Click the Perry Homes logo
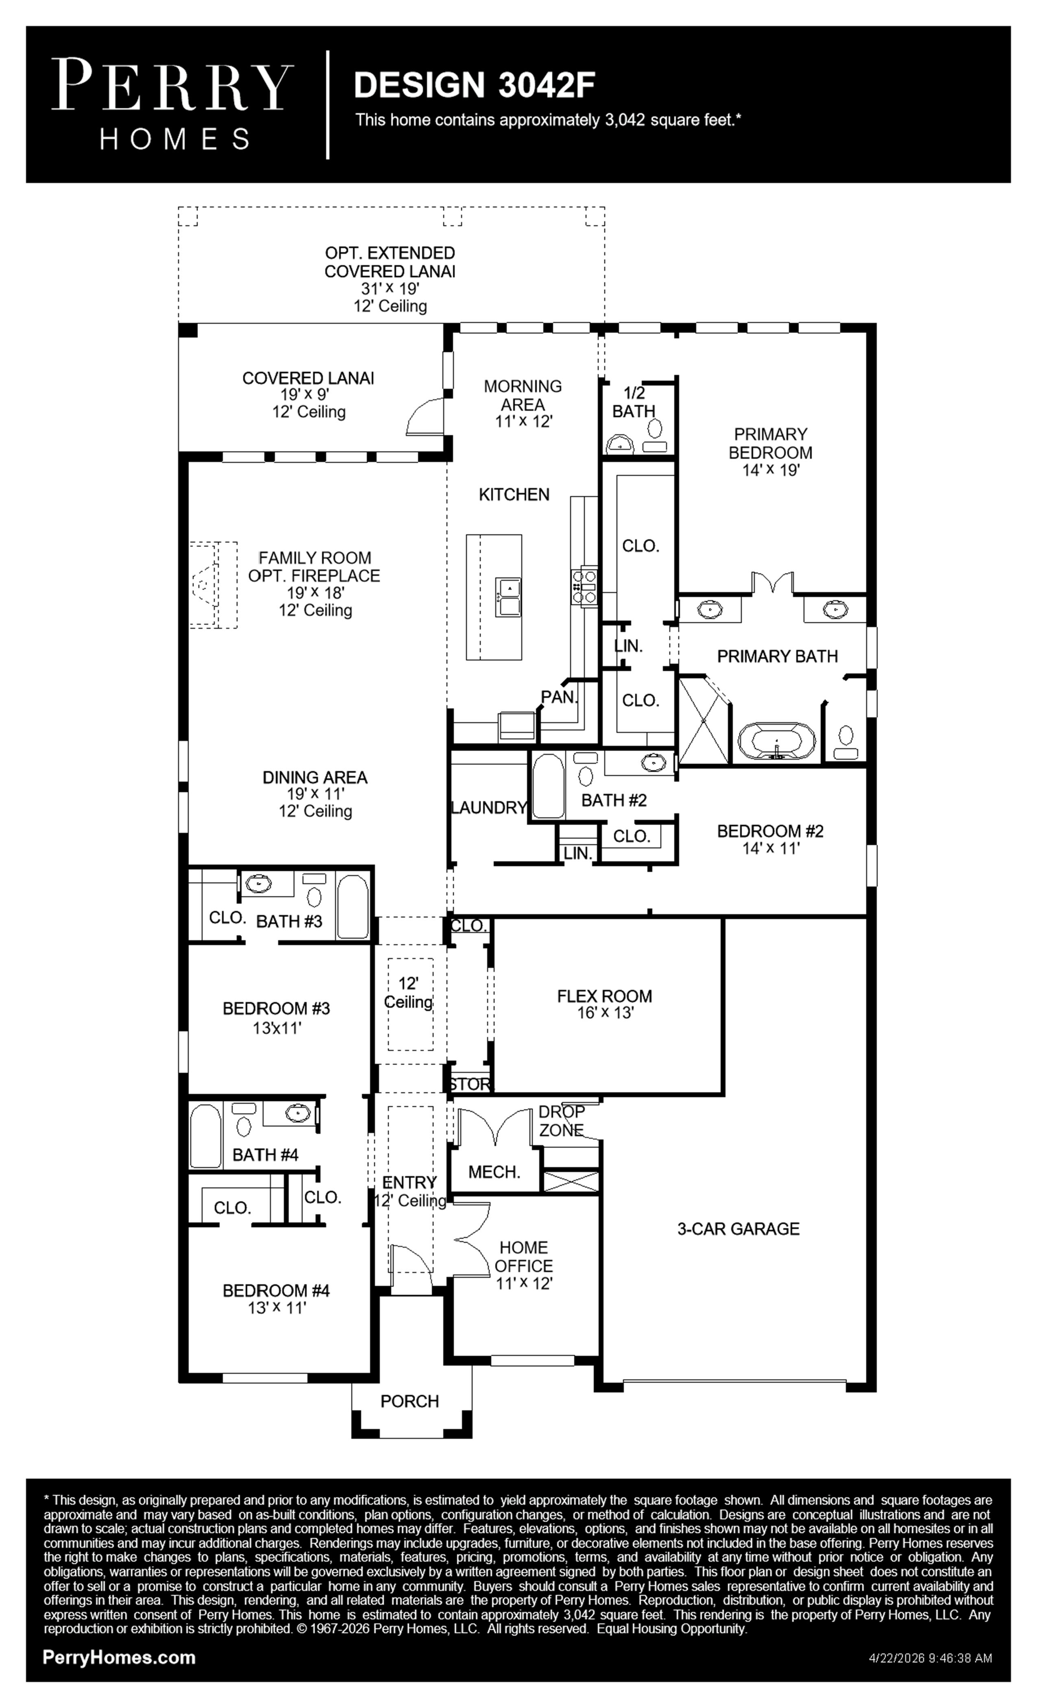tap(172, 105)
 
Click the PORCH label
tap(410, 1401)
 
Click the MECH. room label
tap(494, 1172)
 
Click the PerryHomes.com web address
tap(119, 1658)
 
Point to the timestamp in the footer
tap(930, 1658)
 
